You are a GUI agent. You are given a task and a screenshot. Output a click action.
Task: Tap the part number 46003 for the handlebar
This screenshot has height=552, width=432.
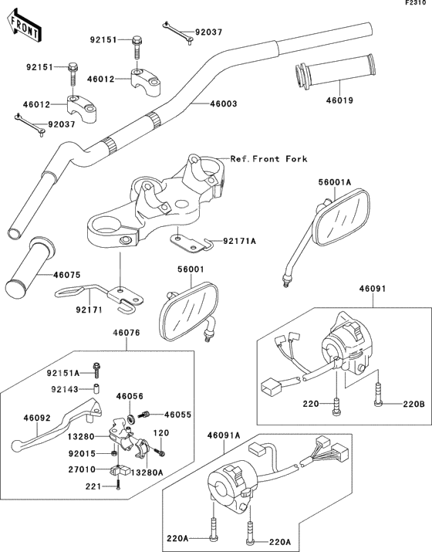click(x=224, y=104)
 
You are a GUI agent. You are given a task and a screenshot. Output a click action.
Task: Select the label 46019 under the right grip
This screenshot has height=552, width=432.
click(x=339, y=100)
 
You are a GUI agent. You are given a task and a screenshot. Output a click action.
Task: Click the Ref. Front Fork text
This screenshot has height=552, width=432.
click(x=269, y=159)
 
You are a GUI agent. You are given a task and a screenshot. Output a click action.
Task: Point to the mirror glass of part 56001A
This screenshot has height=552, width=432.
click(x=341, y=218)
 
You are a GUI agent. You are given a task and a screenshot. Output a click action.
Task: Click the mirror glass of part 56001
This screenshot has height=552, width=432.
click(x=189, y=312)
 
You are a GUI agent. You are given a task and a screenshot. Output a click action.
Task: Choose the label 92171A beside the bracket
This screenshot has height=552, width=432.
click(x=240, y=241)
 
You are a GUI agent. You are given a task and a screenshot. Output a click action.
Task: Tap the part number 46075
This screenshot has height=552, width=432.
click(x=67, y=275)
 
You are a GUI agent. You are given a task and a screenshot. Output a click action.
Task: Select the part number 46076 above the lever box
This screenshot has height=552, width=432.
click(x=127, y=333)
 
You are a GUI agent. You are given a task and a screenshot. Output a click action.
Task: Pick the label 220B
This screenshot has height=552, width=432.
click(x=414, y=404)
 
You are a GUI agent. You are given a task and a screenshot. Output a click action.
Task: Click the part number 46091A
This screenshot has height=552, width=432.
click(x=224, y=436)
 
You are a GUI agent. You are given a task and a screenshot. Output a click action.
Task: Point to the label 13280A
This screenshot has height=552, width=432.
click(x=147, y=472)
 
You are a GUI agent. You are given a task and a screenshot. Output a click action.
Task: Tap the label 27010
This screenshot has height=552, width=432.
click(x=82, y=469)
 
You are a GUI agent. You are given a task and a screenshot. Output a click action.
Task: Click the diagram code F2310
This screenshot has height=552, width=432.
click(x=417, y=3)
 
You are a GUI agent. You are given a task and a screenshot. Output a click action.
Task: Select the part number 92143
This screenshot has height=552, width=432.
click(x=65, y=389)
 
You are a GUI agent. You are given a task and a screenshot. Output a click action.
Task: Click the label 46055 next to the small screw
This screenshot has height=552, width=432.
click(x=178, y=415)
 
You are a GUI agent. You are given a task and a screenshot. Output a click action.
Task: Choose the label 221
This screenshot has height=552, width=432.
click(x=93, y=486)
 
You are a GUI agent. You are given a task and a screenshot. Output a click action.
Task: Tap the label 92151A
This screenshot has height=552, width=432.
click(x=63, y=373)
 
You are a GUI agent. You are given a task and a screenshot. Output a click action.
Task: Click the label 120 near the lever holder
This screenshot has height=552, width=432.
click(x=161, y=433)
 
